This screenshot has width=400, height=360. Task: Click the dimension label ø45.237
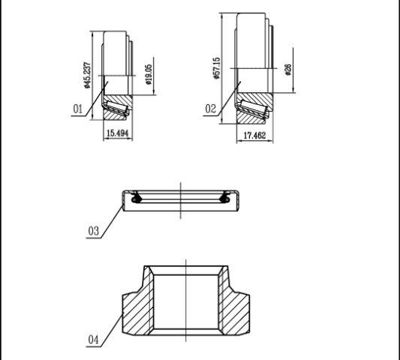(87, 75)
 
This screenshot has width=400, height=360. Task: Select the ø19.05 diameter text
(149, 74)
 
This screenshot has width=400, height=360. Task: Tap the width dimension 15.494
(118, 133)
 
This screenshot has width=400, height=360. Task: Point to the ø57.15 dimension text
(217, 68)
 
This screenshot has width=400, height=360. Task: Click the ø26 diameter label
(287, 70)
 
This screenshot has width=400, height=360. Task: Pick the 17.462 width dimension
(254, 136)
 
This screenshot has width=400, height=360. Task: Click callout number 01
(78, 109)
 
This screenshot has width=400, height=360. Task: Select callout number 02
(210, 109)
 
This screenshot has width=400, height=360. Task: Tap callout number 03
(93, 231)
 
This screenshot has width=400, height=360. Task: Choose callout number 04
(93, 340)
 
